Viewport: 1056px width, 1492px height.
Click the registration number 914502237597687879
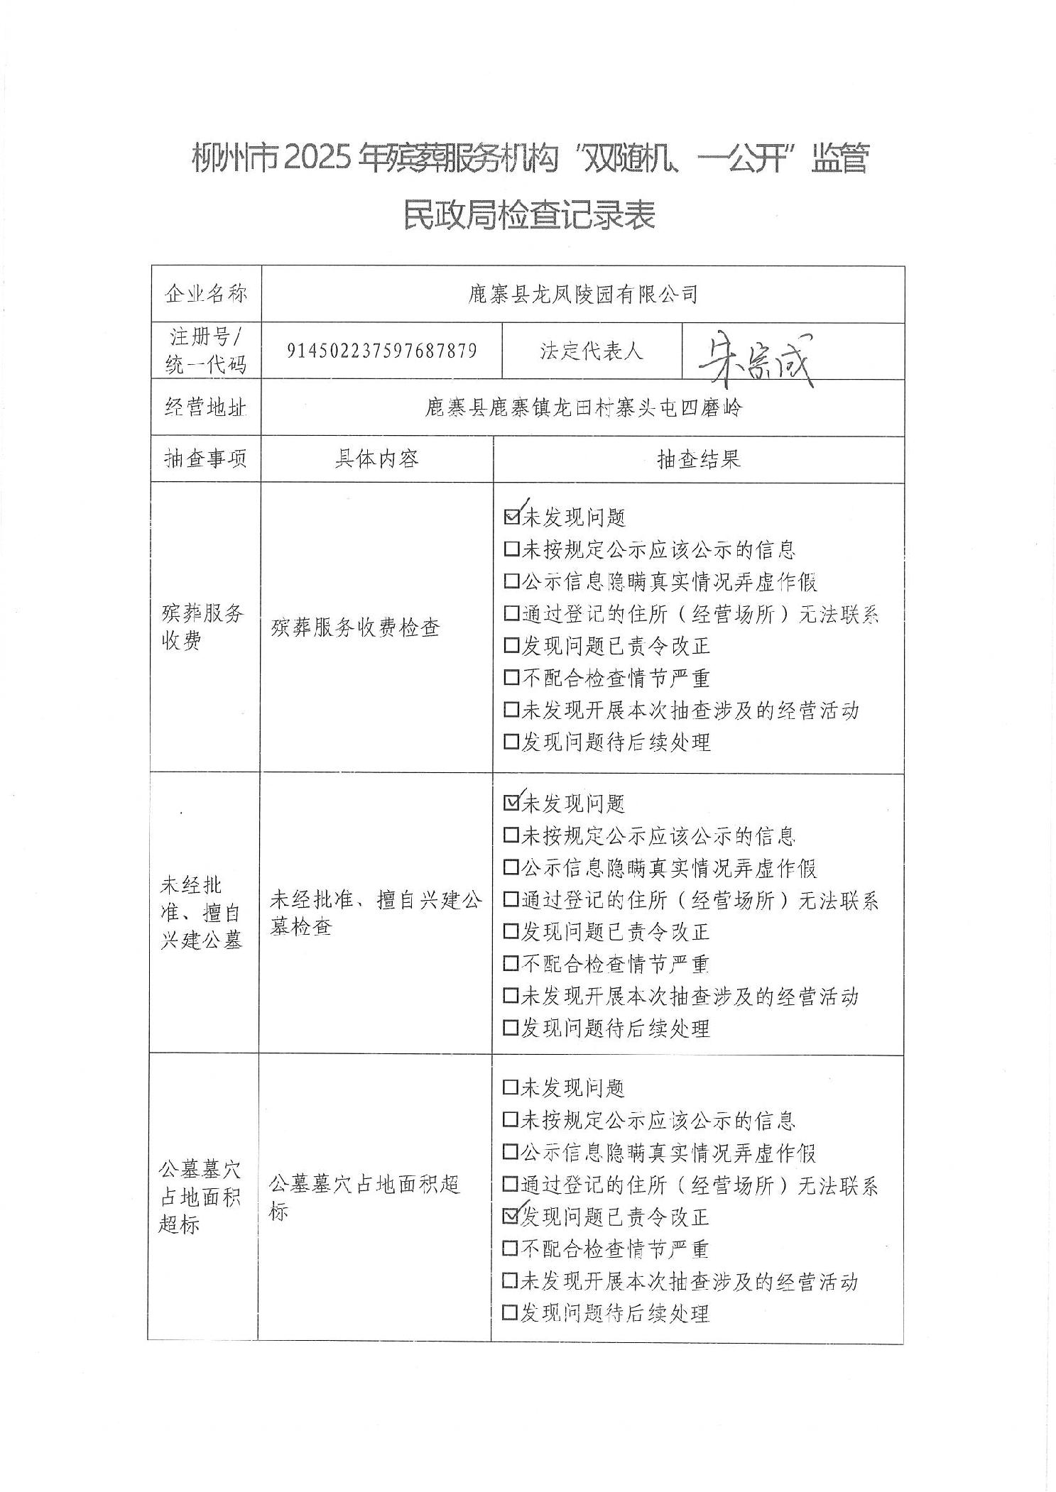(x=381, y=351)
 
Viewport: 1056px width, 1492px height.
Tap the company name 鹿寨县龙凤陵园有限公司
(x=582, y=294)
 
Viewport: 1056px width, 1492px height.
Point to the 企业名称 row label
(x=206, y=294)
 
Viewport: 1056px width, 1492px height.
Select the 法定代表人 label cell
(x=591, y=351)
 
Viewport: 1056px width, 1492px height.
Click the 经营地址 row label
(x=206, y=407)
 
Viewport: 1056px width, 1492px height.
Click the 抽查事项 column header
(x=206, y=459)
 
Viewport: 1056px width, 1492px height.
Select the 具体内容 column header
(x=376, y=459)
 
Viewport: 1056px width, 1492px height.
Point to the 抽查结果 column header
(x=698, y=459)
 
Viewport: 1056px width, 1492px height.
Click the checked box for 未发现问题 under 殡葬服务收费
(x=511, y=517)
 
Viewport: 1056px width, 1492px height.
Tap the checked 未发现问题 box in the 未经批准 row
(x=511, y=803)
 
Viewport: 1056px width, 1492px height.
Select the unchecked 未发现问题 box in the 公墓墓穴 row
(x=510, y=1087)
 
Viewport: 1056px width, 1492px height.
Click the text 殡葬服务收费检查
(x=355, y=627)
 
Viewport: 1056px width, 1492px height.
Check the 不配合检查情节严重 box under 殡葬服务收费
(x=511, y=678)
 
